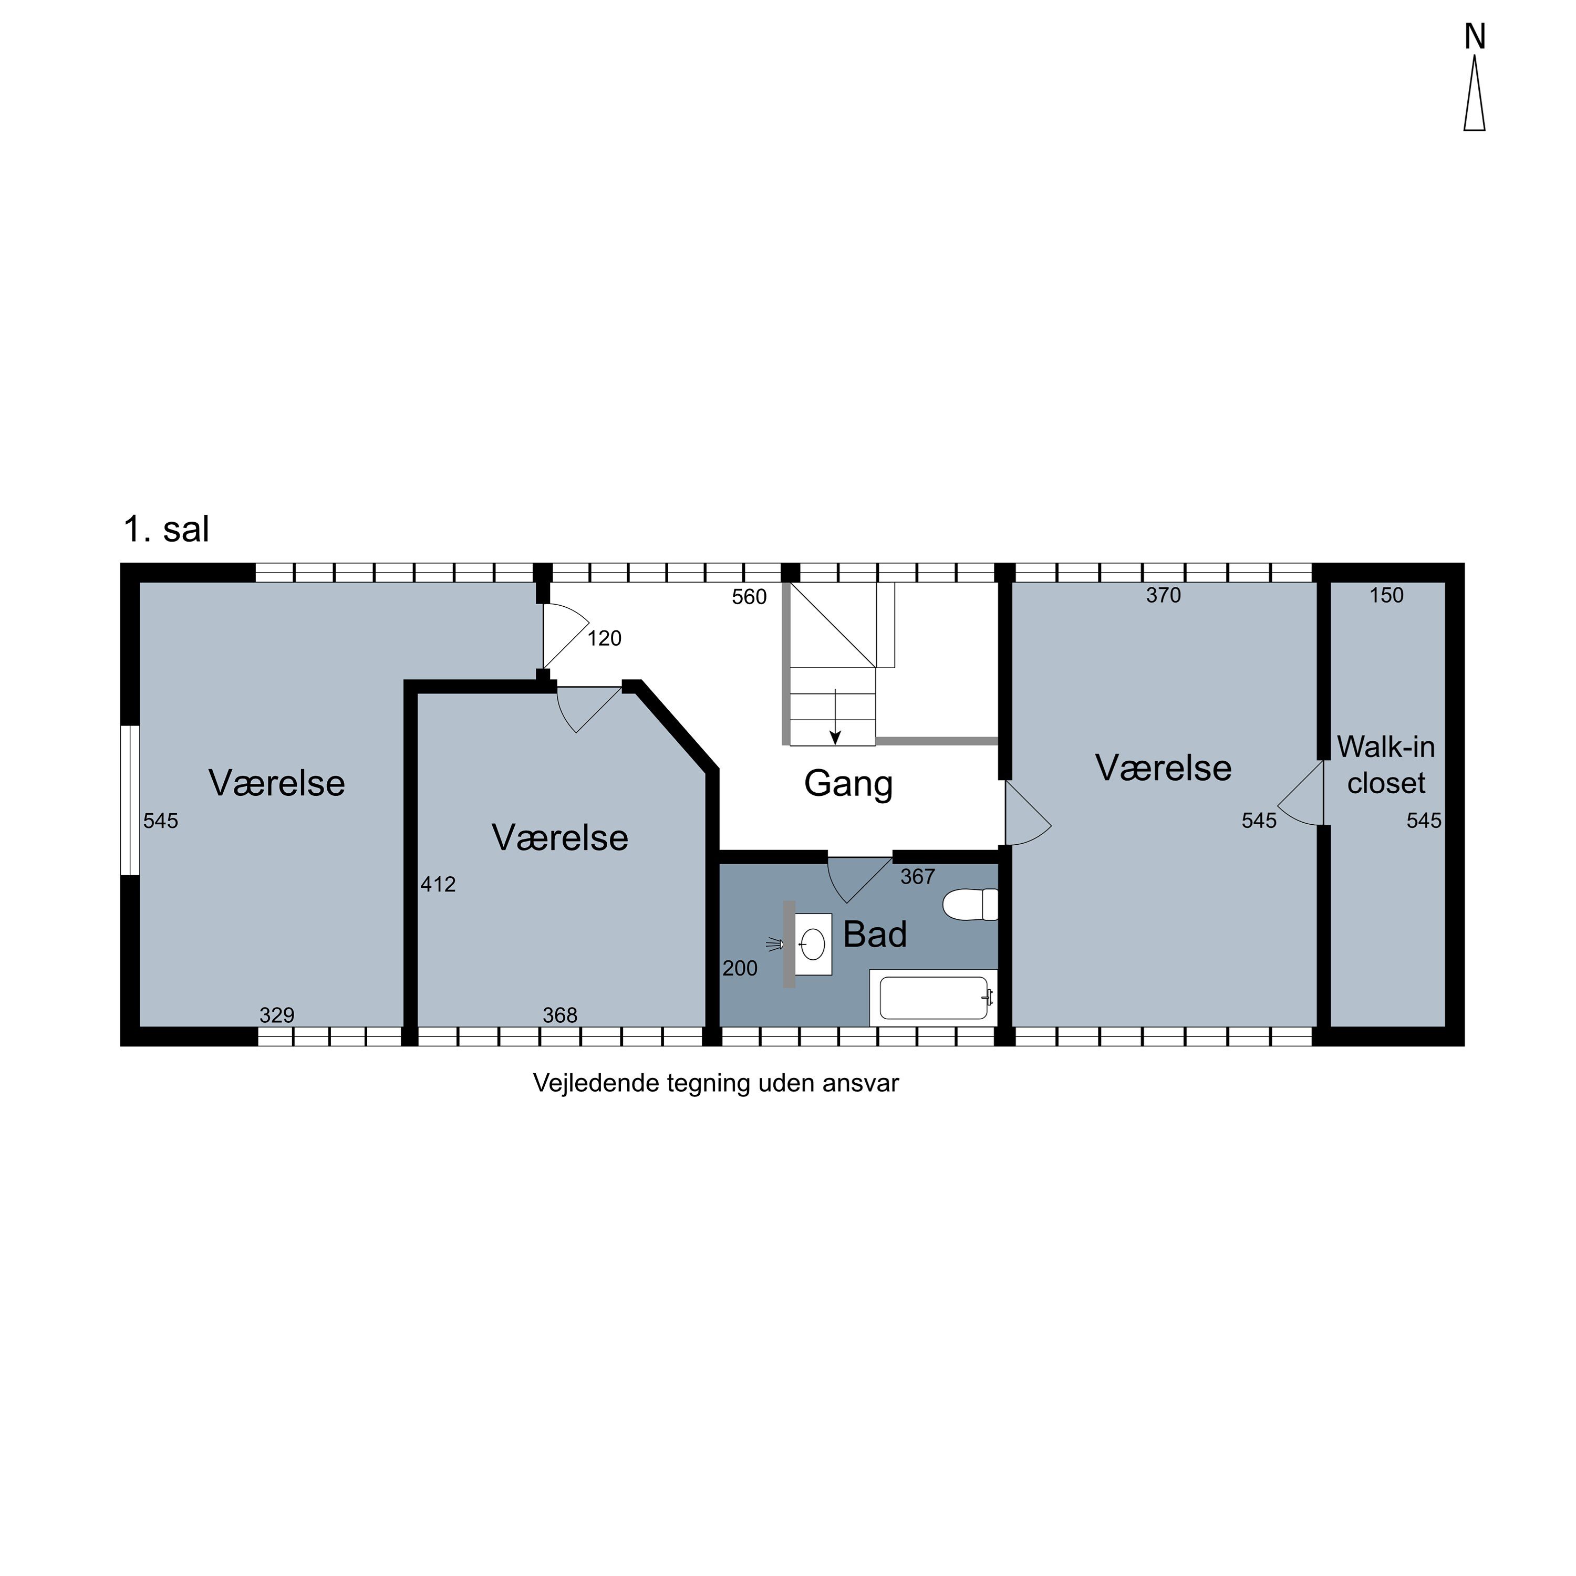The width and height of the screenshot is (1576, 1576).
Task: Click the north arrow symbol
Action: coord(1474,98)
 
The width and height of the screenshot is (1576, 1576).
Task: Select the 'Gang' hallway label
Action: coord(848,784)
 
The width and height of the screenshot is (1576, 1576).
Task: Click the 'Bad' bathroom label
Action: coord(875,934)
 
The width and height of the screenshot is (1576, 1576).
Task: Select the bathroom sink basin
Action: coord(813,945)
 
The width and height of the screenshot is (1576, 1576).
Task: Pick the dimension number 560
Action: coord(749,597)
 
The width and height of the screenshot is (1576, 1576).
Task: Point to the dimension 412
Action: coord(438,884)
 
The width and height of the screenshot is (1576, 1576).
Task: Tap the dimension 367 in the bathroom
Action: coord(918,877)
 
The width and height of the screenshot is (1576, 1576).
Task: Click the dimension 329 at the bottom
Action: coord(276,1015)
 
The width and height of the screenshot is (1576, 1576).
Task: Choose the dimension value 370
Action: coord(1163,596)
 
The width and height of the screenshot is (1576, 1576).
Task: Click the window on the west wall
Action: coord(130,800)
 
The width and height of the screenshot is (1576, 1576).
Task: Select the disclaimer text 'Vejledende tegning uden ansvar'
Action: coord(716,1083)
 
